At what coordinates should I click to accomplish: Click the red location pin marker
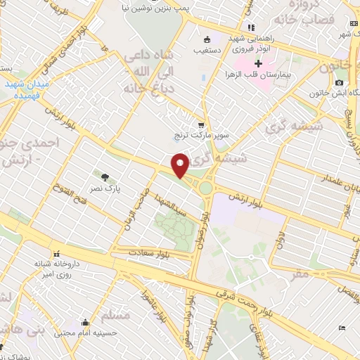coord(180,166)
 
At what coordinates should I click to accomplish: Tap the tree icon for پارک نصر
coord(105,177)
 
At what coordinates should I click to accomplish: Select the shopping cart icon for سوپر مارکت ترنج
coord(202,124)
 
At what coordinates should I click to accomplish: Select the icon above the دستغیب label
coord(207,39)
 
